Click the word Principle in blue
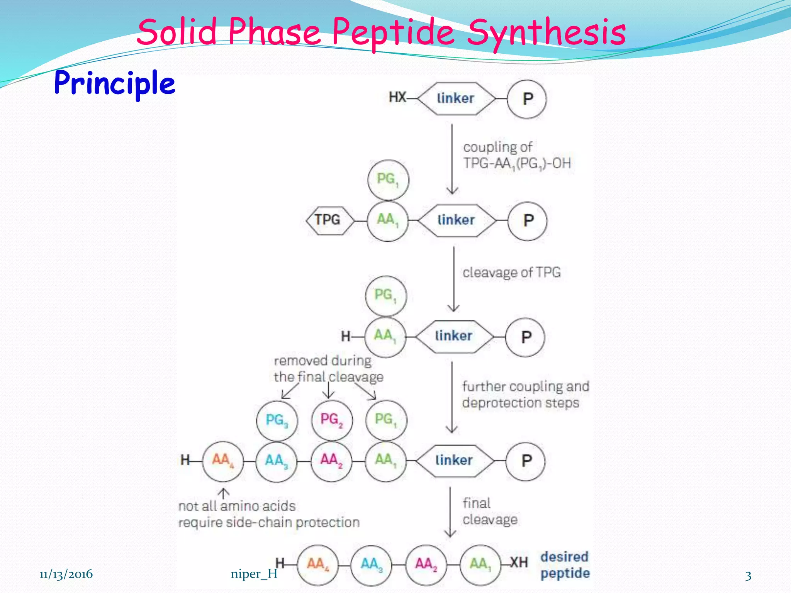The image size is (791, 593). (x=115, y=83)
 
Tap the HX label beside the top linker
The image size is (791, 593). (x=397, y=97)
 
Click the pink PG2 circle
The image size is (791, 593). (x=332, y=420)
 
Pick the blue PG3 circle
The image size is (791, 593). (x=277, y=420)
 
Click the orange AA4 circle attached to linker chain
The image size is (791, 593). (x=223, y=461)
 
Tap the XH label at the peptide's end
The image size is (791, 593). (x=519, y=563)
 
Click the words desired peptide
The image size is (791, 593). (x=565, y=565)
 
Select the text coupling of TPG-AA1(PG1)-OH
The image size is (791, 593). (x=516, y=155)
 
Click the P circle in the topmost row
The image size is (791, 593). (x=527, y=99)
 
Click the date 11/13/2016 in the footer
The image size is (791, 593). (x=66, y=574)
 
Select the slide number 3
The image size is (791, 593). (x=748, y=576)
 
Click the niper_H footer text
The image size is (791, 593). (x=254, y=574)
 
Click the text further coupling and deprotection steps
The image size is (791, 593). (x=525, y=395)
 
